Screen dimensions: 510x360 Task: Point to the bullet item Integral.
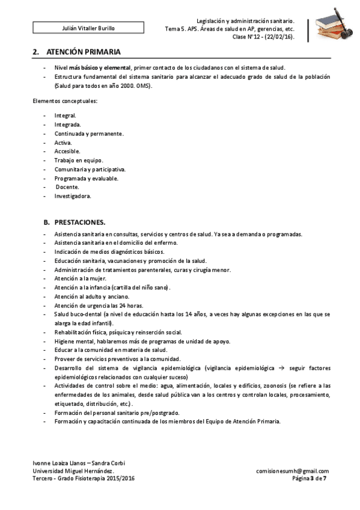(x=65, y=115)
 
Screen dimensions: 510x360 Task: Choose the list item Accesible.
(x=67, y=152)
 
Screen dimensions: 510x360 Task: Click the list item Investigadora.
(x=73, y=196)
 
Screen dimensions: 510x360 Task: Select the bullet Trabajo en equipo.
(x=79, y=161)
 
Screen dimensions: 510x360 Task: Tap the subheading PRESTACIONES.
(x=79, y=223)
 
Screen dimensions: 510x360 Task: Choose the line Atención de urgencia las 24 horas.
(x=98, y=305)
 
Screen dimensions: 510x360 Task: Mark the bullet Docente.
(x=67, y=187)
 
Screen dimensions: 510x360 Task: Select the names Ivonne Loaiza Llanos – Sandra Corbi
(x=79, y=463)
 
